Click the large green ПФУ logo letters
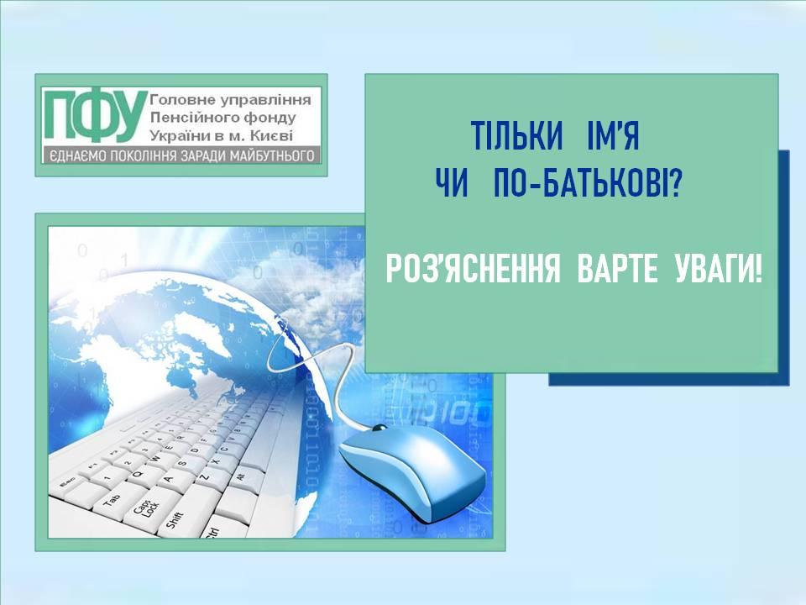(x=93, y=116)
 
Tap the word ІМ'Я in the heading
(x=613, y=135)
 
